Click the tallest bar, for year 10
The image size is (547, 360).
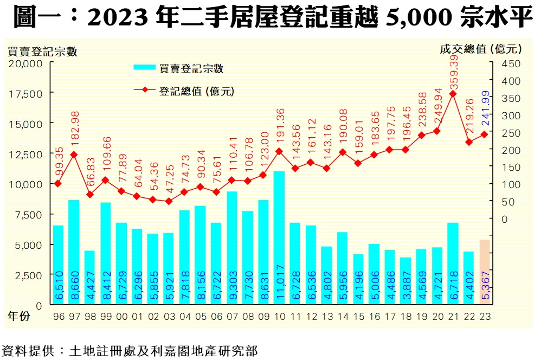tap(279, 239)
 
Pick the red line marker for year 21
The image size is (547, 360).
tap(453, 94)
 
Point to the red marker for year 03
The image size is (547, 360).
tap(169, 201)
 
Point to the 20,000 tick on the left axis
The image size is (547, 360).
tap(25, 63)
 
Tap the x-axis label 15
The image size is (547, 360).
tap(358, 315)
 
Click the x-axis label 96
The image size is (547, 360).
tap(58, 315)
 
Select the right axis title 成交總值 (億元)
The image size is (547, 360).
tap(480, 49)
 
